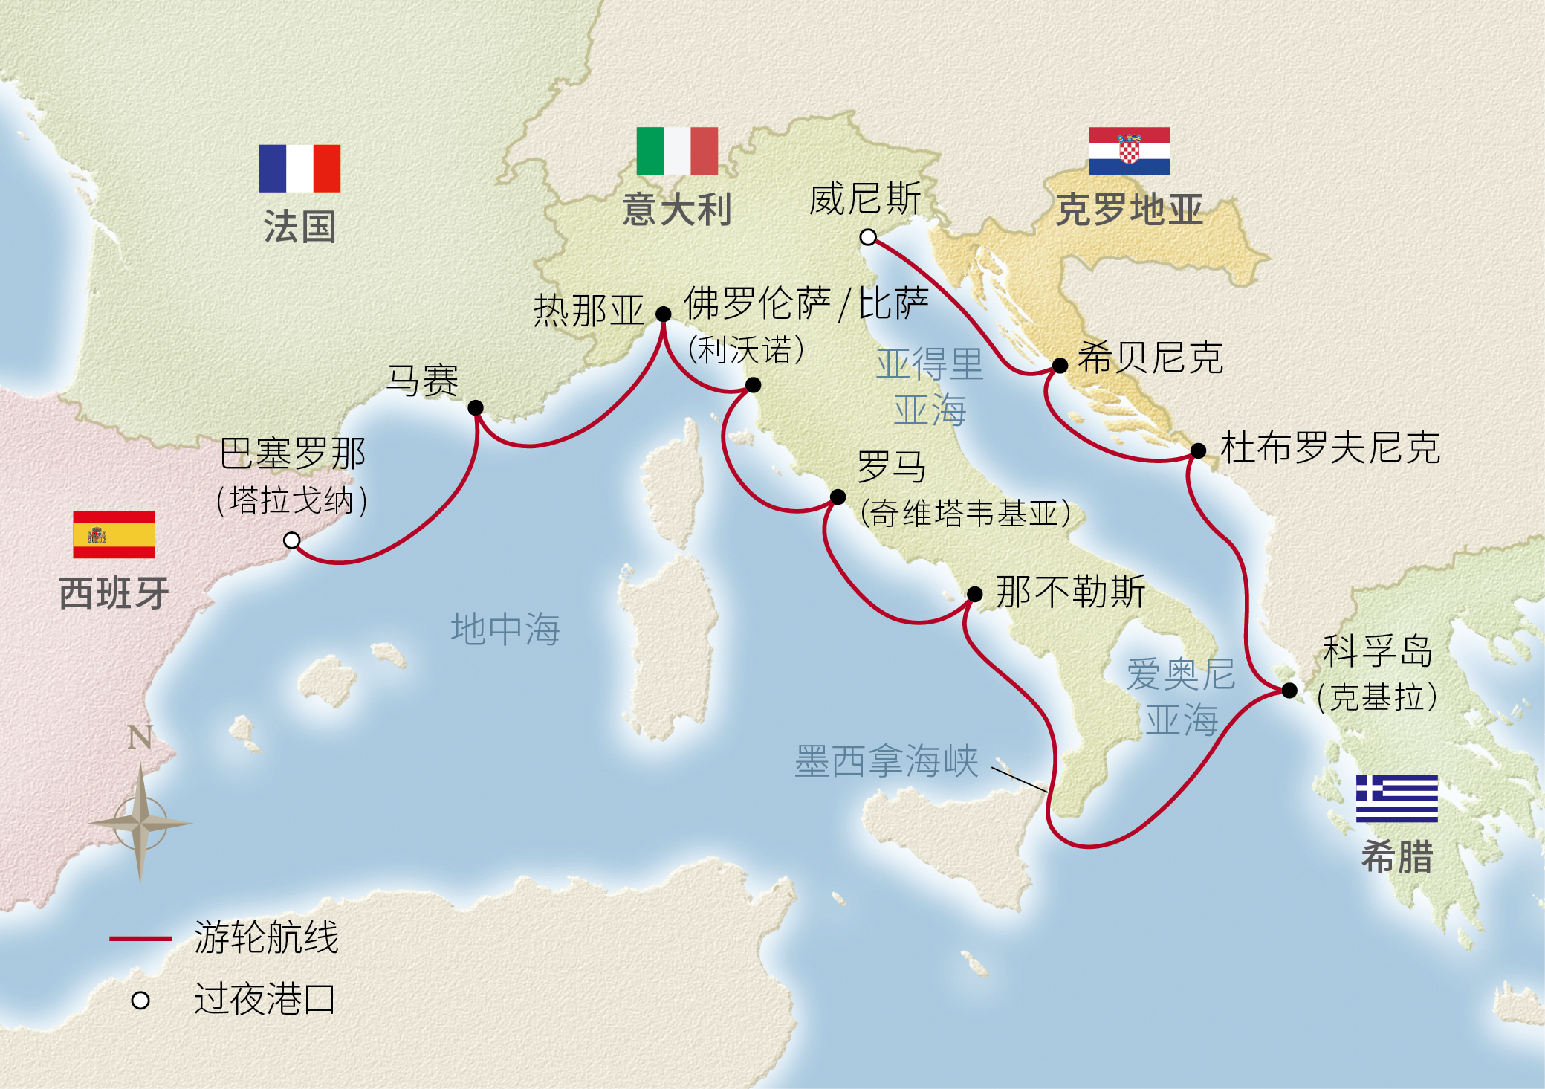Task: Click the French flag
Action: pyautogui.click(x=299, y=168)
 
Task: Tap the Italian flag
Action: pyautogui.click(x=677, y=151)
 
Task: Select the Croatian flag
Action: pyautogui.click(x=1129, y=151)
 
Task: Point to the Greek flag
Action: pyautogui.click(x=1396, y=798)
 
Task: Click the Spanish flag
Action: pyautogui.click(x=114, y=534)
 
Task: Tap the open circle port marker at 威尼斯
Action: pyautogui.click(x=868, y=238)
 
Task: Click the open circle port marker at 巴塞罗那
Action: pyautogui.click(x=292, y=540)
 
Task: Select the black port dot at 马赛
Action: pyautogui.click(x=476, y=407)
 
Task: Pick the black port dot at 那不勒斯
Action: pyautogui.click(x=974, y=594)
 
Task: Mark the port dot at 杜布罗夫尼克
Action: pyautogui.click(x=1198, y=450)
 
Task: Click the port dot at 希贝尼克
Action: pyautogui.click(x=1060, y=366)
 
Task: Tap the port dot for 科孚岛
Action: pyautogui.click(x=1289, y=691)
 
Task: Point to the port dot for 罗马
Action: pyautogui.click(x=838, y=497)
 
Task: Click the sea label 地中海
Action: pyautogui.click(x=505, y=629)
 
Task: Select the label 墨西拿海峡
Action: pyautogui.click(x=887, y=761)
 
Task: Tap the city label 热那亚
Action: pyautogui.click(x=588, y=310)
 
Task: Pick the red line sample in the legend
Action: pyautogui.click(x=140, y=939)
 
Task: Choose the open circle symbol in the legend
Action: pyautogui.click(x=140, y=1001)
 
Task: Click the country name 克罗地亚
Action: pyautogui.click(x=1129, y=209)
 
